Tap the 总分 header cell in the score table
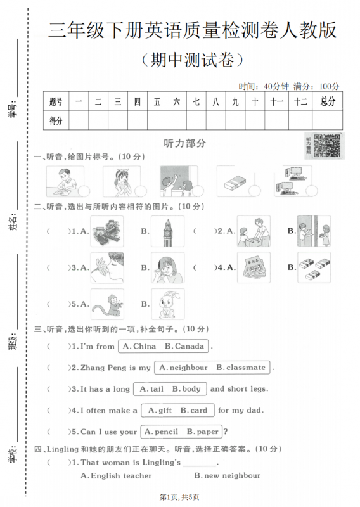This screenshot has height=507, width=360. point(327,101)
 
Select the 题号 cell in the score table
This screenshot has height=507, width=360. point(56,101)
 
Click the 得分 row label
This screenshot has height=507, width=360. point(56,120)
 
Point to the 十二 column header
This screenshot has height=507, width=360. point(301,101)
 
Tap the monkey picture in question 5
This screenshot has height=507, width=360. point(106,304)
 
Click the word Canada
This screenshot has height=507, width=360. point(190,347)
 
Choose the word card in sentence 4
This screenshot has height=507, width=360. point(199,411)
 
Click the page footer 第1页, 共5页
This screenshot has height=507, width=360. point(179,497)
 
